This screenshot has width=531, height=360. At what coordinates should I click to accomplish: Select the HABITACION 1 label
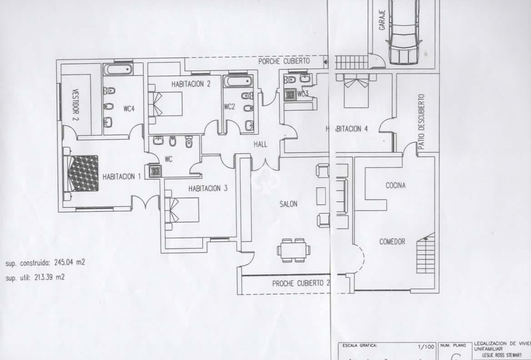[121, 177]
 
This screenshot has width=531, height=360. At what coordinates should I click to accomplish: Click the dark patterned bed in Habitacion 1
[83, 173]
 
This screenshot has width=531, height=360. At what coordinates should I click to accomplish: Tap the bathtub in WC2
[237, 82]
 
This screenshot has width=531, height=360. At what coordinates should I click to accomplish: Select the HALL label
[260, 144]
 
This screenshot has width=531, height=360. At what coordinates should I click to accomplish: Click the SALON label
[288, 204]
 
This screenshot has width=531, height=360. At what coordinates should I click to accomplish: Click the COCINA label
[395, 185]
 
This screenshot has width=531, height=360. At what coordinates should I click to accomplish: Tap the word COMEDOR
[392, 242]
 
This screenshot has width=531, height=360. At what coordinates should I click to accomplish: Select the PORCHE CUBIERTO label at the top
[284, 61]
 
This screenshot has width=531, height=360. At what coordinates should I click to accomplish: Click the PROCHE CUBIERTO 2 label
[301, 283]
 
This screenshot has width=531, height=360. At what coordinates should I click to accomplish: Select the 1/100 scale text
[427, 346]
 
